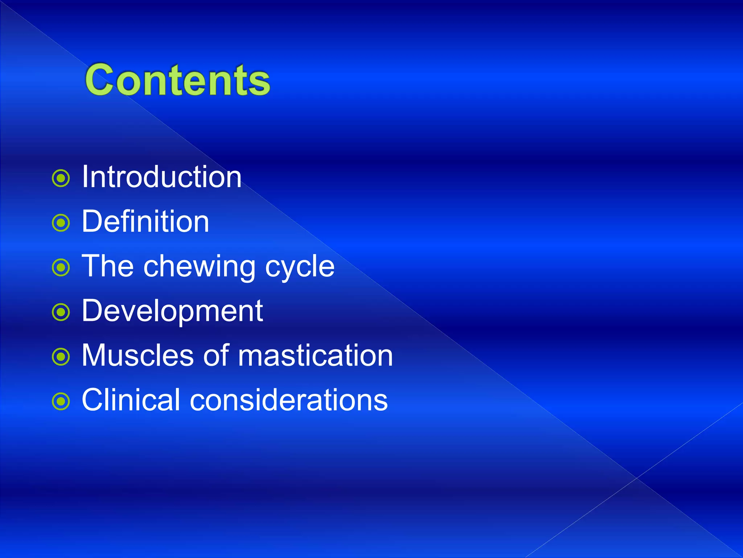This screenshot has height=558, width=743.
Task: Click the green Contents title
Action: click(x=177, y=80)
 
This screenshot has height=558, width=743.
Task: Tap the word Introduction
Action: click(x=161, y=177)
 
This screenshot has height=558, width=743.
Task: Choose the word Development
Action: click(x=172, y=312)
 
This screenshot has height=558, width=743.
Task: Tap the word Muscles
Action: click(x=137, y=355)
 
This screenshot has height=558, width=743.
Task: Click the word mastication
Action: click(x=315, y=355)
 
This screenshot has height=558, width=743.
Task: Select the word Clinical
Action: click(x=131, y=400)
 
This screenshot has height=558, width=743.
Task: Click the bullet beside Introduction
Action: click(x=61, y=178)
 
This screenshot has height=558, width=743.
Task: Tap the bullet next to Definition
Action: click(x=61, y=223)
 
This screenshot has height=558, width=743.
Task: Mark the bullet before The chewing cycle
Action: click(x=61, y=268)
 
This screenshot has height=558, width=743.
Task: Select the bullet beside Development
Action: click(x=61, y=312)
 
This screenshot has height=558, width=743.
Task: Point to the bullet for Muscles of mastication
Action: click(x=61, y=357)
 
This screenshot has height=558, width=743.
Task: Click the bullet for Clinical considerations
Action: click(x=61, y=402)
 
